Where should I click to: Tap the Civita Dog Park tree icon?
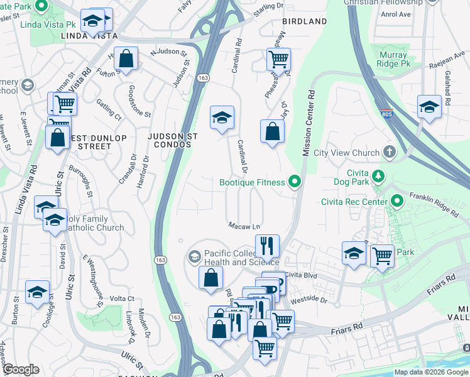378,175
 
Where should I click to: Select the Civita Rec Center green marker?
396,201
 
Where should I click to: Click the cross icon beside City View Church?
390,152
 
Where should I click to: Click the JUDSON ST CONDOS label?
172,141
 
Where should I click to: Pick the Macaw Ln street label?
244,225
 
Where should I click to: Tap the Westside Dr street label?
314,300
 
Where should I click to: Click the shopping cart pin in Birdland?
278,60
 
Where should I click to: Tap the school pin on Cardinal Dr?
221,117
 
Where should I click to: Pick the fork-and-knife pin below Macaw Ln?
267,246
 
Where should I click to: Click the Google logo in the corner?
20,369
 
